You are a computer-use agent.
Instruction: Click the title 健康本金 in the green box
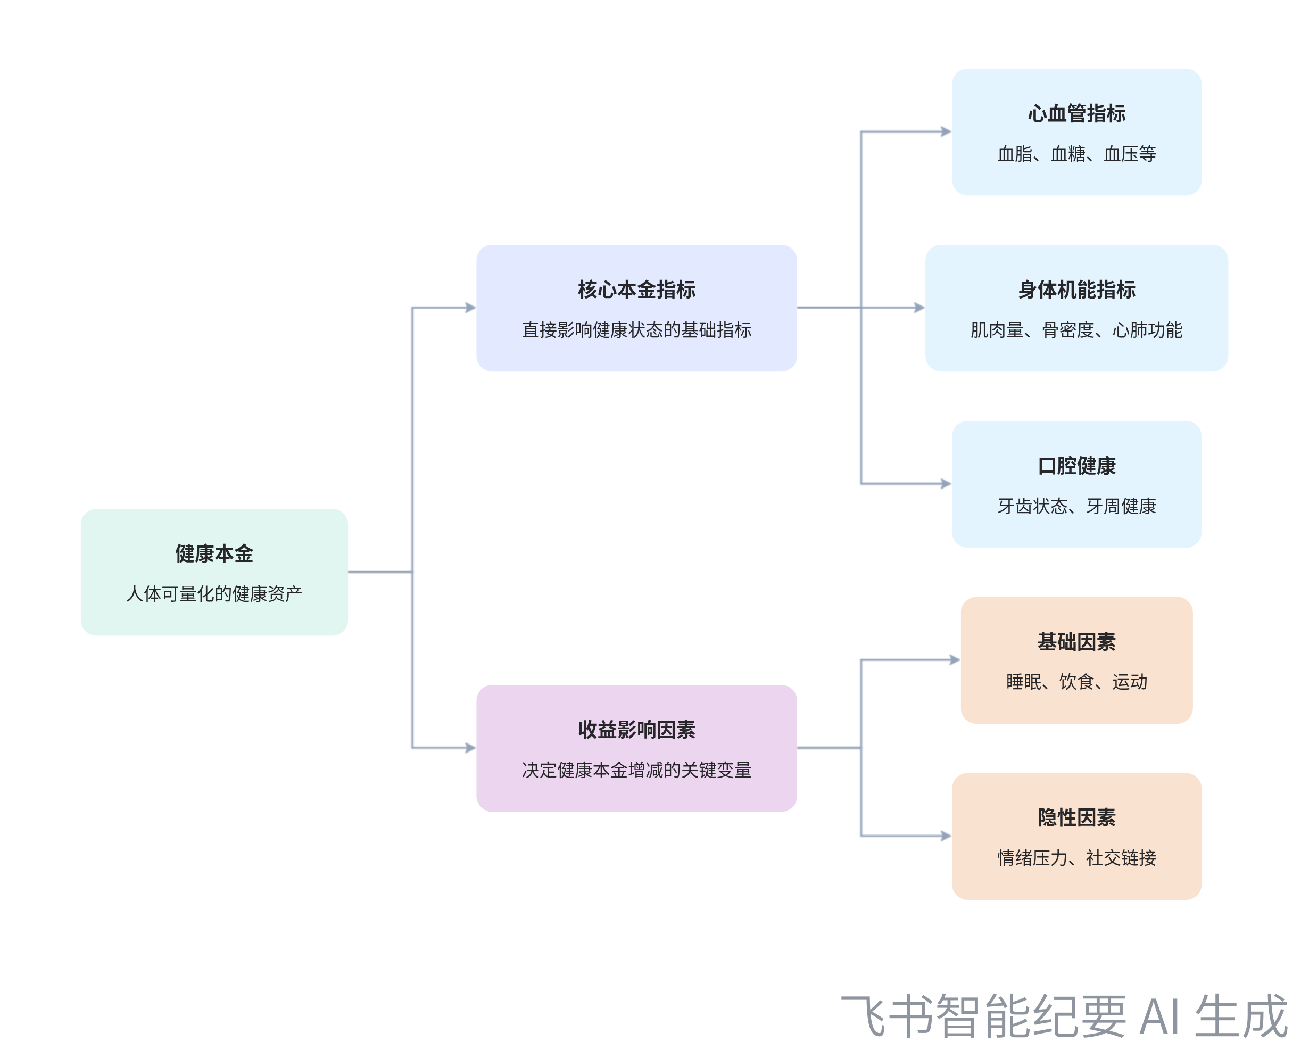(x=214, y=553)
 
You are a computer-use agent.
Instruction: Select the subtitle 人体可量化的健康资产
(x=214, y=593)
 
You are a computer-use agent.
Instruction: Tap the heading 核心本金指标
(x=636, y=290)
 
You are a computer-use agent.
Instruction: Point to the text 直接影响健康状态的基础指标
(x=636, y=330)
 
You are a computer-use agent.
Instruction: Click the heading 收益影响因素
(x=636, y=730)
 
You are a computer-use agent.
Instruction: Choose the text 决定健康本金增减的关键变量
(x=636, y=770)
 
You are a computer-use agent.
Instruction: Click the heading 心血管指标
(x=1076, y=113)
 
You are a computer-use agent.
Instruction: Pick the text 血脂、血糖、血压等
(x=1076, y=154)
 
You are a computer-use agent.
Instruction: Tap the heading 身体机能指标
(x=1076, y=290)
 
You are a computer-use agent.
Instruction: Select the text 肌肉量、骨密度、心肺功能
(x=1076, y=330)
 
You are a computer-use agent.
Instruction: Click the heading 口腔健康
(x=1076, y=466)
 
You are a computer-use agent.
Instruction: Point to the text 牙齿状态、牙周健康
(x=1076, y=506)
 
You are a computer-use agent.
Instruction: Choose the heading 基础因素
(x=1076, y=642)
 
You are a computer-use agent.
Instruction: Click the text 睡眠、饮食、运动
(x=1076, y=681)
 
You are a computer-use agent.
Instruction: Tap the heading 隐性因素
(x=1076, y=817)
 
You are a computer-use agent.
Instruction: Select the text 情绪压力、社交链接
(x=1076, y=857)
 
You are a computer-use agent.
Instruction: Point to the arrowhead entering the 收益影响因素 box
(x=470, y=748)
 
